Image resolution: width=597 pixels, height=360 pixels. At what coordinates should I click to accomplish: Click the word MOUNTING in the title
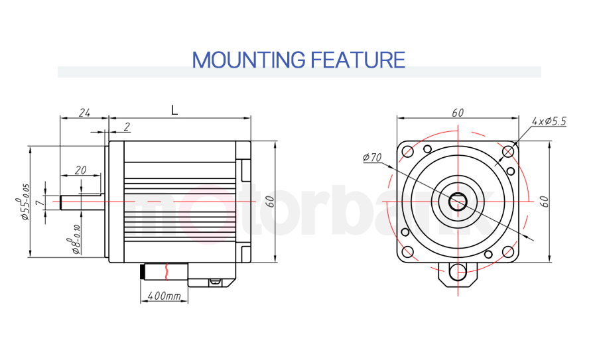point(249,60)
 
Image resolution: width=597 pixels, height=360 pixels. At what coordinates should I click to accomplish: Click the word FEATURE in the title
point(358,60)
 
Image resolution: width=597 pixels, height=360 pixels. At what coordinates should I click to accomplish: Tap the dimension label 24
point(84,113)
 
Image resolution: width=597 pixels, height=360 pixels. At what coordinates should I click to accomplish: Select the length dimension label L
point(174,110)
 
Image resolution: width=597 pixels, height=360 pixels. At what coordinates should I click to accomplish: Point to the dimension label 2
point(127,127)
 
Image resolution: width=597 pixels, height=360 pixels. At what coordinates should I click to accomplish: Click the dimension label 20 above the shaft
point(80,170)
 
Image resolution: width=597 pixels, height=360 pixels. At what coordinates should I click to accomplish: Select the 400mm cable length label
point(164,295)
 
